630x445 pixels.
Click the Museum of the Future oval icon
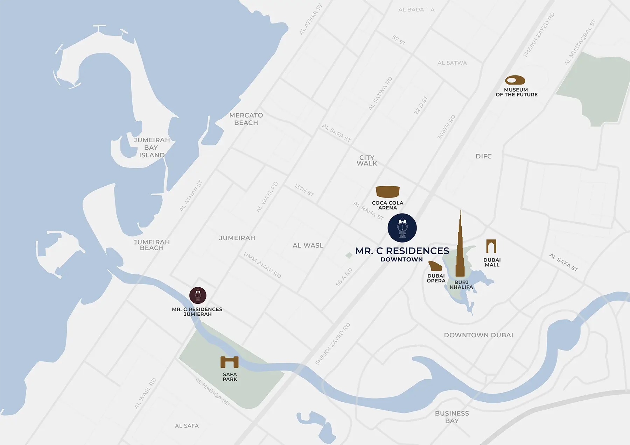pos(515,80)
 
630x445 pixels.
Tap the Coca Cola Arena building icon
pos(387,192)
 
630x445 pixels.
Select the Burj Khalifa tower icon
pos(460,248)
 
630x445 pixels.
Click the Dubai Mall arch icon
pos(491,246)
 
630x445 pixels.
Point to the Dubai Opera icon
pos(435,266)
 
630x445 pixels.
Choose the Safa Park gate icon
pos(230,362)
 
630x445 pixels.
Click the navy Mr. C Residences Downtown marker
pos(402,228)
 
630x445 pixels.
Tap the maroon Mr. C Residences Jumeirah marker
pos(198,295)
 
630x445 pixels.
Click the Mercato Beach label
pos(246,119)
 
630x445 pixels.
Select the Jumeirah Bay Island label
pos(152,148)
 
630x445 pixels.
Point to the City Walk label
pos(367,160)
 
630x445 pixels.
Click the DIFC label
pos(483,156)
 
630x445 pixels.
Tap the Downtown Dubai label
pos(478,335)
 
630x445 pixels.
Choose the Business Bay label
pos(452,417)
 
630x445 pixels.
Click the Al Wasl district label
pos(308,245)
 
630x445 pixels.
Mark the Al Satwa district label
pos(452,63)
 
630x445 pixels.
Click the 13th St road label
pos(304,190)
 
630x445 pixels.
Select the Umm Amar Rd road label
pos(262,265)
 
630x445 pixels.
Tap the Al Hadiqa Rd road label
pos(212,392)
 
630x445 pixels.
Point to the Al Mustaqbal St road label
pos(580,43)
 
